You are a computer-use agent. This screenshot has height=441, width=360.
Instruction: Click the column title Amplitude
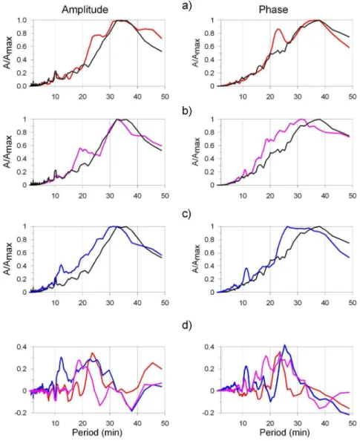pyautogui.click(x=85, y=10)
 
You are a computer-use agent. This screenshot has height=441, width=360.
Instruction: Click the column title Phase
pyautogui.click(x=273, y=10)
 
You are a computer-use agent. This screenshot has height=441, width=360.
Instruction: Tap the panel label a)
pyautogui.click(x=187, y=5)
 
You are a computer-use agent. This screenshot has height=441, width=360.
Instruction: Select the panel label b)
pyautogui.click(x=187, y=111)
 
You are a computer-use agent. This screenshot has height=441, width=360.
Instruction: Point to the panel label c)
pyautogui.click(x=187, y=215)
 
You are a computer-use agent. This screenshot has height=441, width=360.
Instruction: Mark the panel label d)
pyautogui.click(x=187, y=325)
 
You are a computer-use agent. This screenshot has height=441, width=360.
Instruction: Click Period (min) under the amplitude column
pyautogui.click(x=97, y=432)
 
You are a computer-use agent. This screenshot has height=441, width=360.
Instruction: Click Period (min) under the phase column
pyautogui.click(x=284, y=432)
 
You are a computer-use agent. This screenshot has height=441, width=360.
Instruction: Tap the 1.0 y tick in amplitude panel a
pyautogui.click(x=22, y=20)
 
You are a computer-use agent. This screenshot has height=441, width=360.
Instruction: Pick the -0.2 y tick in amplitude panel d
pyautogui.click(x=21, y=413)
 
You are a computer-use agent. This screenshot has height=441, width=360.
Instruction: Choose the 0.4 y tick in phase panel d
pyautogui.click(x=209, y=347)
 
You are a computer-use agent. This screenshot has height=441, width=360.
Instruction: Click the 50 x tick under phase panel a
pyautogui.click(x=353, y=97)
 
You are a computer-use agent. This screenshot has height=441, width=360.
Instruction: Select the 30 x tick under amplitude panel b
pyautogui.click(x=110, y=196)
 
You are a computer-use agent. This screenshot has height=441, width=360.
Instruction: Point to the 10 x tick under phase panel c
pyautogui.click(x=243, y=303)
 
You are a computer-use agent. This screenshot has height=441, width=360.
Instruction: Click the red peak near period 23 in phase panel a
pyautogui.click(x=278, y=29)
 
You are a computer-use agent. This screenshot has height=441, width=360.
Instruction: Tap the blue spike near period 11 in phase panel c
pyautogui.click(x=246, y=268)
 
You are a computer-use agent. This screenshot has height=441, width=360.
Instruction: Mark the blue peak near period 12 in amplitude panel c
pyautogui.click(x=61, y=265)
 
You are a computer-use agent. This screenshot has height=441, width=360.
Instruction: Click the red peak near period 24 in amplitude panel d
pyautogui.click(x=93, y=353)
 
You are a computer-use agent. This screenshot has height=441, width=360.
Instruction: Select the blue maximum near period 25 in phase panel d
pyautogui.click(x=284, y=345)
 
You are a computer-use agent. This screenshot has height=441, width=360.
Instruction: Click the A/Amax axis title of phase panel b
pyautogui.click(x=197, y=152)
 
